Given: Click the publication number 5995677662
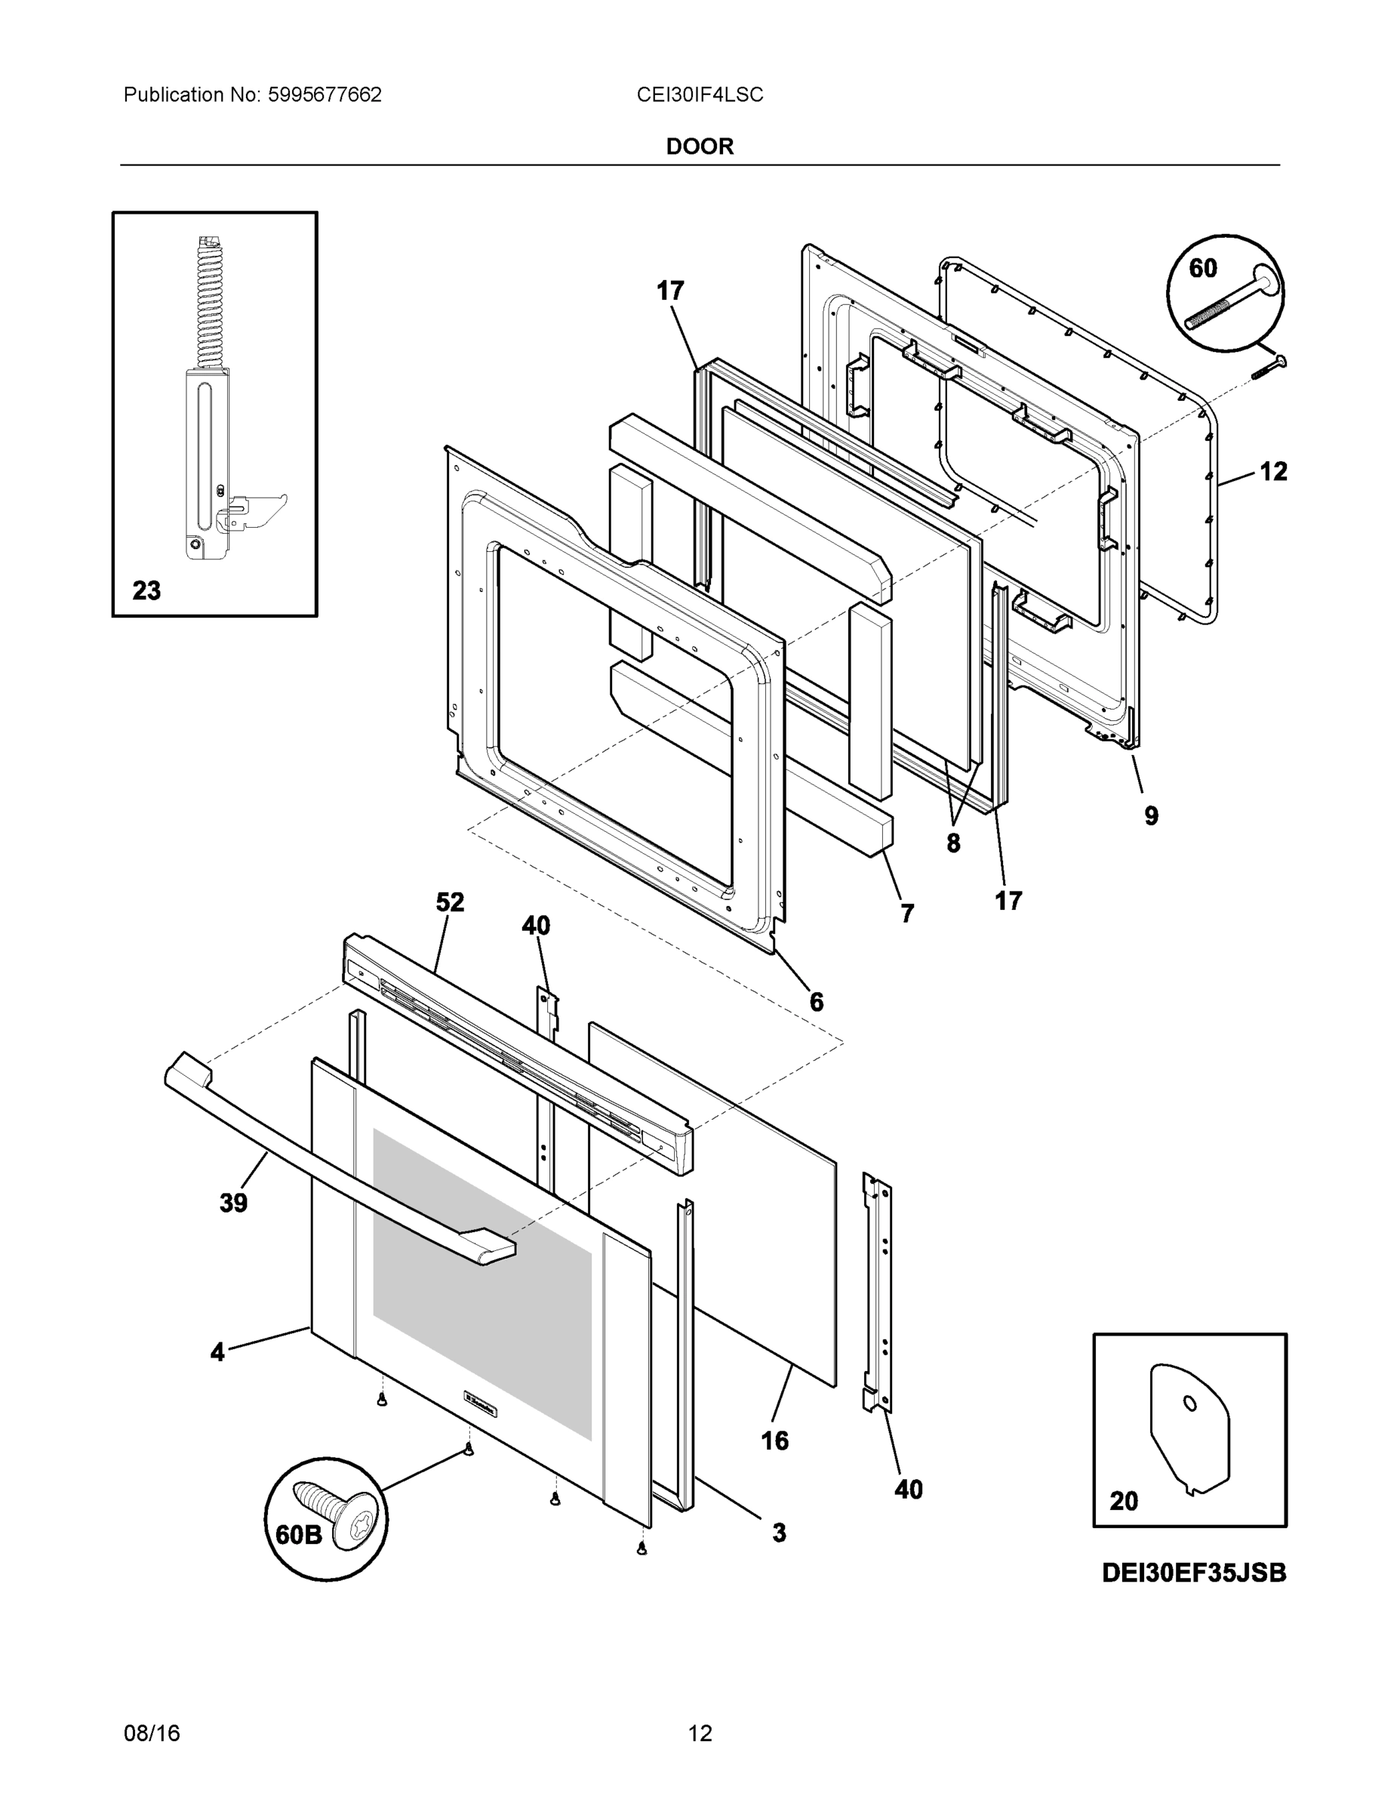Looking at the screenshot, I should pyautogui.click(x=325, y=94).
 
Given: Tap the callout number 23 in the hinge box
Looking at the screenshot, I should pyautogui.click(x=147, y=590).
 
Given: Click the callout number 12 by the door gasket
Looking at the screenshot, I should pyautogui.click(x=1273, y=472).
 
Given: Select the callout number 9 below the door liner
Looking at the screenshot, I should pyautogui.click(x=1151, y=815).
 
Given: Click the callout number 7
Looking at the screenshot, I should pyautogui.click(x=907, y=914).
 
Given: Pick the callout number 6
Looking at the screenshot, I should pyautogui.click(x=816, y=1002).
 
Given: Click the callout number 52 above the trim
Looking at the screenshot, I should pyautogui.click(x=450, y=902).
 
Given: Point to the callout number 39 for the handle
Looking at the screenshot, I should pyautogui.click(x=233, y=1203).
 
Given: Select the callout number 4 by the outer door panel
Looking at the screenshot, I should pyautogui.click(x=217, y=1352).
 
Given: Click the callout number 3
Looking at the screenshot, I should pyautogui.click(x=779, y=1533).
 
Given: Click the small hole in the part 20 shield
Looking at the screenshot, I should pyautogui.click(x=1190, y=1403).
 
